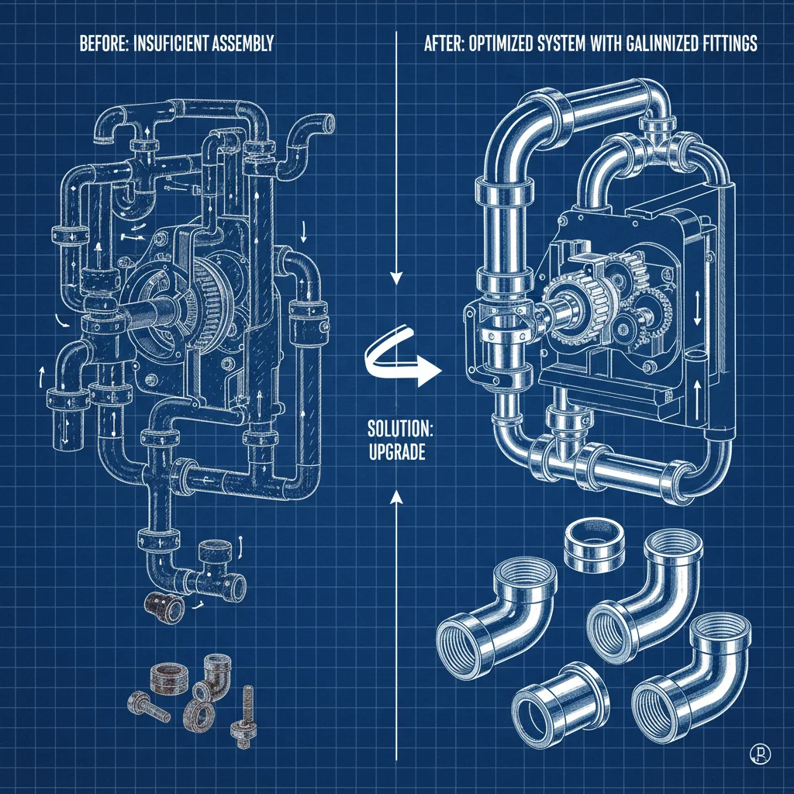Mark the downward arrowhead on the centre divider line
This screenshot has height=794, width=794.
396,277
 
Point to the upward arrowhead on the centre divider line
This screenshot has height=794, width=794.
396,501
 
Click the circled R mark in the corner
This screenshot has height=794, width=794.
757,751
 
